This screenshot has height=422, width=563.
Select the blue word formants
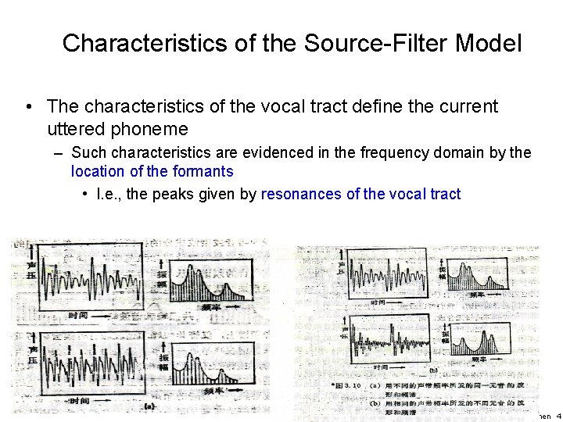click(204, 170)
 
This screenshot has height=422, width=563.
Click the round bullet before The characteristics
click(28, 105)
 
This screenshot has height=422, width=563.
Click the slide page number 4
click(558, 415)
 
